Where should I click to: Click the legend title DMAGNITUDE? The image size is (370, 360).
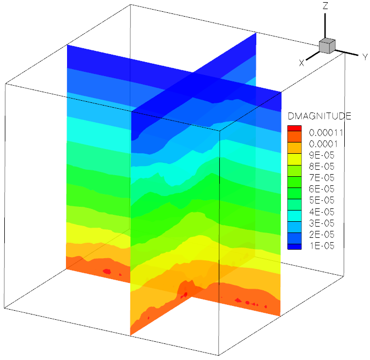pyautogui.click(x=319, y=116)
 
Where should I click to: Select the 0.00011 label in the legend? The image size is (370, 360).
pyautogui.click(x=326, y=133)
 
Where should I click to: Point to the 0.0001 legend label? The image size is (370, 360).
pyautogui.click(x=323, y=144)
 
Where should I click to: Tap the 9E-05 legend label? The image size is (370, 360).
pyautogui.click(x=322, y=155)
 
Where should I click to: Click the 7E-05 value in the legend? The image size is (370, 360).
pyautogui.click(x=322, y=178)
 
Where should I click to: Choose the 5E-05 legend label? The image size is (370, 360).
pyautogui.click(x=322, y=200)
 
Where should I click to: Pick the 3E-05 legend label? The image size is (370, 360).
pyautogui.click(x=322, y=223)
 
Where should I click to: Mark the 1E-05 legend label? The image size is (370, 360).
pyautogui.click(x=322, y=246)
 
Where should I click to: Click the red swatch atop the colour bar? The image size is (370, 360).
pyautogui.click(x=294, y=128)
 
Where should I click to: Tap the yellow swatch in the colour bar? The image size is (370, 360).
pyautogui.click(x=294, y=159)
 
